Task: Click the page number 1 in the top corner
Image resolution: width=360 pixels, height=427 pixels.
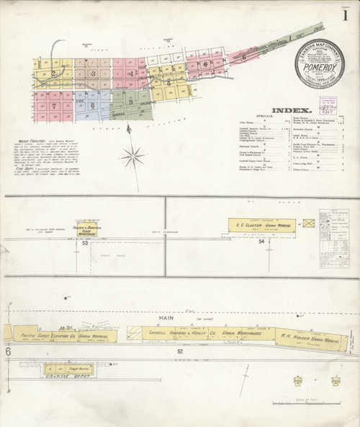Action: point(346,15)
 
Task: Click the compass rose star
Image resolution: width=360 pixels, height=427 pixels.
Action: point(132,154)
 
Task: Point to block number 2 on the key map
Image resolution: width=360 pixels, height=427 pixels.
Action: point(53,73)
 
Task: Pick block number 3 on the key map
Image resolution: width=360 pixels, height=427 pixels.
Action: point(92,73)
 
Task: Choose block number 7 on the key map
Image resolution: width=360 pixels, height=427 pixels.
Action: point(53,106)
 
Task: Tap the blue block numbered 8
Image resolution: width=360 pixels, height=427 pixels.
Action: point(92,105)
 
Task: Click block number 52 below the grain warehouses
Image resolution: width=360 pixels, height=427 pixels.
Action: point(178,351)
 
